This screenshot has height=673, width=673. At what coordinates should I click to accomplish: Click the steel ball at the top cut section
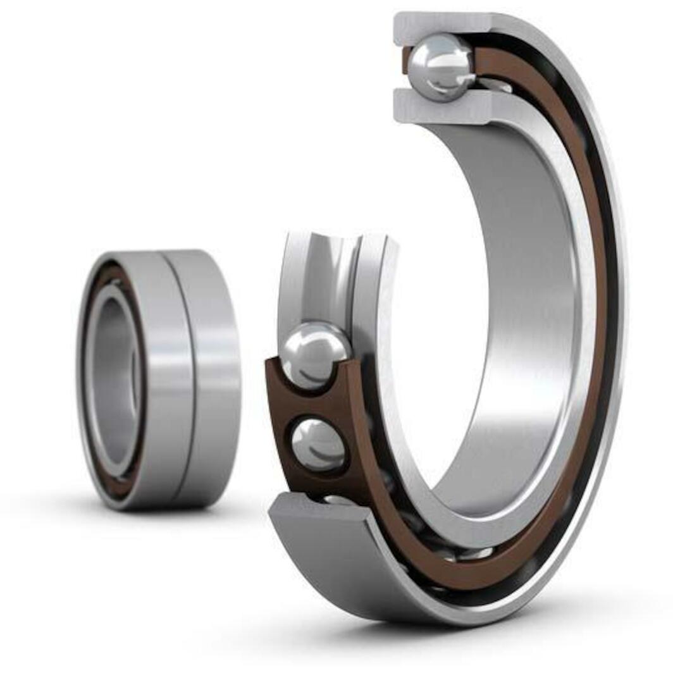(x=441, y=67)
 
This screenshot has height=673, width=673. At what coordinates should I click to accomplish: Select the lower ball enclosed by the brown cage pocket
(x=318, y=445)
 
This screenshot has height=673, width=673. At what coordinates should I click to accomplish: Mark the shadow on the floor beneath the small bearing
(x=158, y=516)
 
